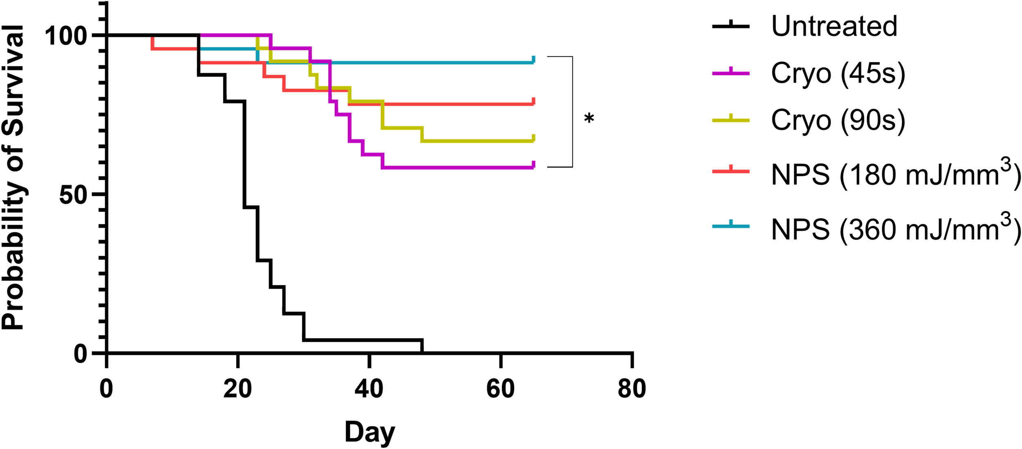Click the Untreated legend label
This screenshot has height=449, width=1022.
834,26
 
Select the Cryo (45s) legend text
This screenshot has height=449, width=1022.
838,74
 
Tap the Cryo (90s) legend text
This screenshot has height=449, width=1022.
838,120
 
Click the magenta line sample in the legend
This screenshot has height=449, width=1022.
731,73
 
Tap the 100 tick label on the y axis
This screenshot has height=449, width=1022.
66,36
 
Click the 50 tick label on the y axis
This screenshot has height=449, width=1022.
73,195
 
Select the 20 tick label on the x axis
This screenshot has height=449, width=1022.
238,389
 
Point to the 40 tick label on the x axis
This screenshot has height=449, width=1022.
369,389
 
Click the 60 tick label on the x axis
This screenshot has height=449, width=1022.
500,389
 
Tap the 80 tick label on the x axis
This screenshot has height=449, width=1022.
632,389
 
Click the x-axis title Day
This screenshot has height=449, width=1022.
370,432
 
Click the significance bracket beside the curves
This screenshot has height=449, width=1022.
572,112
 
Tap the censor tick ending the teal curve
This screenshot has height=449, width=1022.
533,60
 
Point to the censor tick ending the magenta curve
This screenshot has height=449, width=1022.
533,164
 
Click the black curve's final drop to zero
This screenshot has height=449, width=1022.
422,346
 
